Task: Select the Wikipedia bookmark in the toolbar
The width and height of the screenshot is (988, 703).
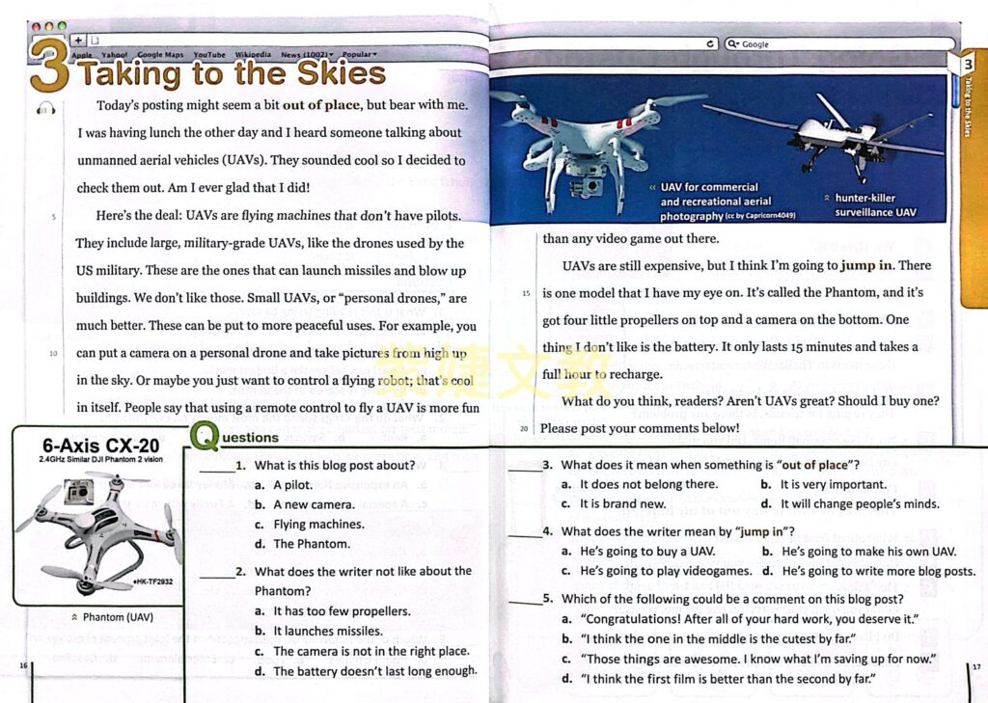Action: pyautogui.click(x=253, y=55)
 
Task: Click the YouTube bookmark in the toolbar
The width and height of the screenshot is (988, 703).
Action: pyautogui.click(x=209, y=55)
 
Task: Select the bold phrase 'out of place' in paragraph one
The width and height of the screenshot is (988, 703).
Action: pyautogui.click(x=321, y=105)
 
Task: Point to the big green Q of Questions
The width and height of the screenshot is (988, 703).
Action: pyautogui.click(x=205, y=436)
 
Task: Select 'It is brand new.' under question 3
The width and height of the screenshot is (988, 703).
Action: pyautogui.click(x=622, y=503)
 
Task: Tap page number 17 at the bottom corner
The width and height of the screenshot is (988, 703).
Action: pyautogui.click(x=975, y=666)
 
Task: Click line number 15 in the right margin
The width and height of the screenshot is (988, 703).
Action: pyautogui.click(x=526, y=293)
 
